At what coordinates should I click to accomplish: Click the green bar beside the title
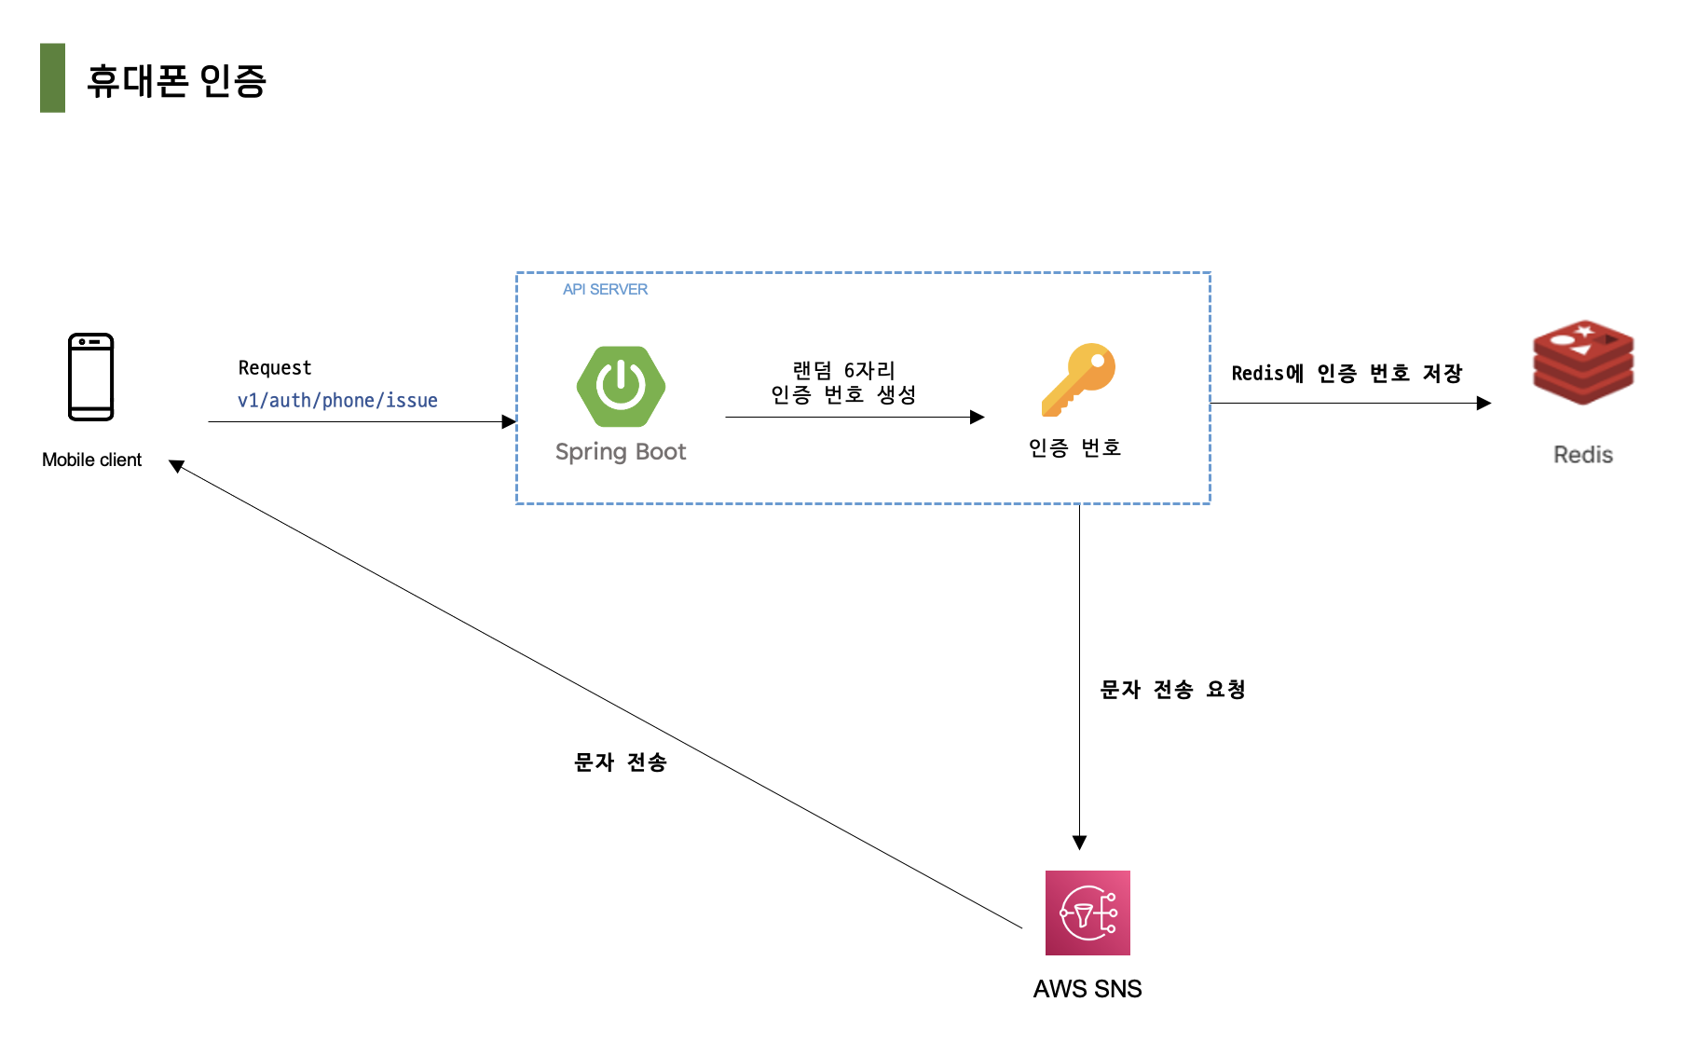coord(52,78)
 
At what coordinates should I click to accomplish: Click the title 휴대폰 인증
coord(176,81)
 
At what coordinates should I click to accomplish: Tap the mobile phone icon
coord(91,377)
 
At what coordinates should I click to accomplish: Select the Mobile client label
coord(91,460)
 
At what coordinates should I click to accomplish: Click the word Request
coord(274,368)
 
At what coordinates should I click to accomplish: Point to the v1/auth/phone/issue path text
coord(337,401)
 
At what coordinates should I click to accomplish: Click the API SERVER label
coord(605,290)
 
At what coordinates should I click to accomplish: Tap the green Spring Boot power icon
coord(621,386)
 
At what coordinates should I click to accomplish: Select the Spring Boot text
coord(621,452)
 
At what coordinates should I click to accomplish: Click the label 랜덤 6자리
coord(843,371)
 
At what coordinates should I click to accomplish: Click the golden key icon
coord(1078,379)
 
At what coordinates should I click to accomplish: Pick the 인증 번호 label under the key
coord(1074,448)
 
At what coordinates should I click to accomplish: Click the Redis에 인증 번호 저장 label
coord(1347,374)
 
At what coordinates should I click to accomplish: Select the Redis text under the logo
coord(1582,455)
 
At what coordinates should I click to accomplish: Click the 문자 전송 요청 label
coord(1172,690)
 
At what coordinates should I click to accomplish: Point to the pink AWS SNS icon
coord(1087,913)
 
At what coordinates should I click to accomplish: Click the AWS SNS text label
coord(1087,989)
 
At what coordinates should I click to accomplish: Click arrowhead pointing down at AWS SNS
coord(1079,843)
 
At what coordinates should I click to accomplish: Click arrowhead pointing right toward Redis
coord(1484,403)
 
